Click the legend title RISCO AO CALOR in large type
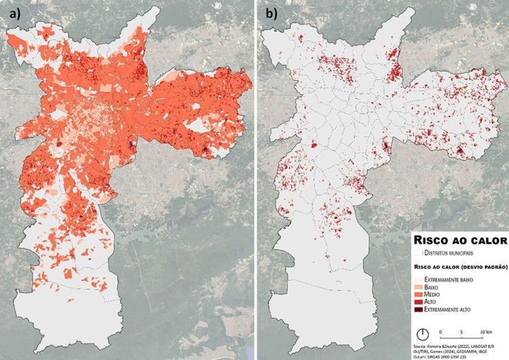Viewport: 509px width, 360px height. coord(459,240)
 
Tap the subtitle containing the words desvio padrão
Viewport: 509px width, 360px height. coord(459,267)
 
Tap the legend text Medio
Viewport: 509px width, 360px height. coord(435,295)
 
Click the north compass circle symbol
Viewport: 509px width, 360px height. coord(424,333)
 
